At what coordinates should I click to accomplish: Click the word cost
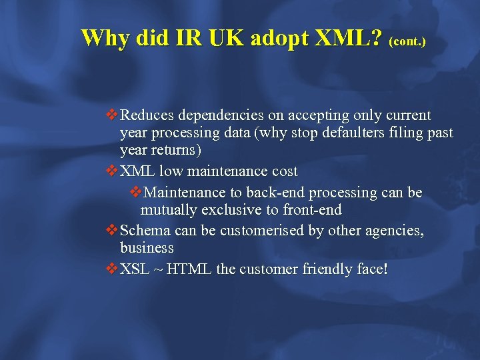pyautogui.click(x=284, y=171)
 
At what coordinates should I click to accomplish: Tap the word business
pyautogui.click(x=147, y=248)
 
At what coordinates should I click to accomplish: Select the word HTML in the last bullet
pyautogui.click(x=189, y=269)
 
